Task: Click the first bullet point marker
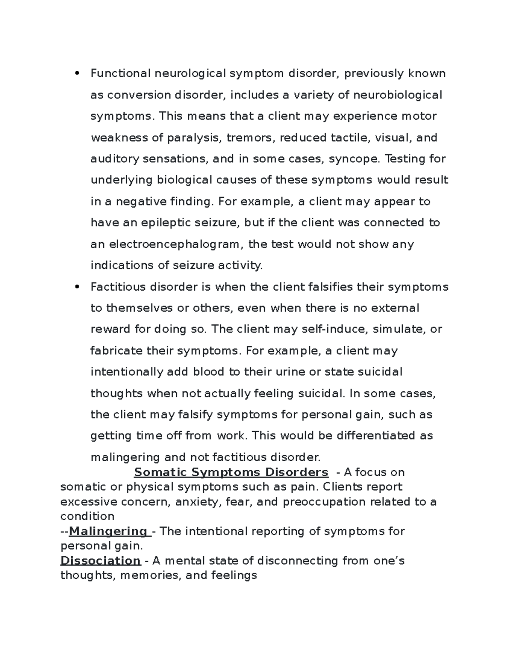pos(77,73)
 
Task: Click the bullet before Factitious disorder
pos(77,286)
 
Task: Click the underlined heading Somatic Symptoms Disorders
pos(231,472)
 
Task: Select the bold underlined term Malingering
pos(108,531)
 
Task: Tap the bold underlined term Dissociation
pos(100,561)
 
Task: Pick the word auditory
pos(115,159)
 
